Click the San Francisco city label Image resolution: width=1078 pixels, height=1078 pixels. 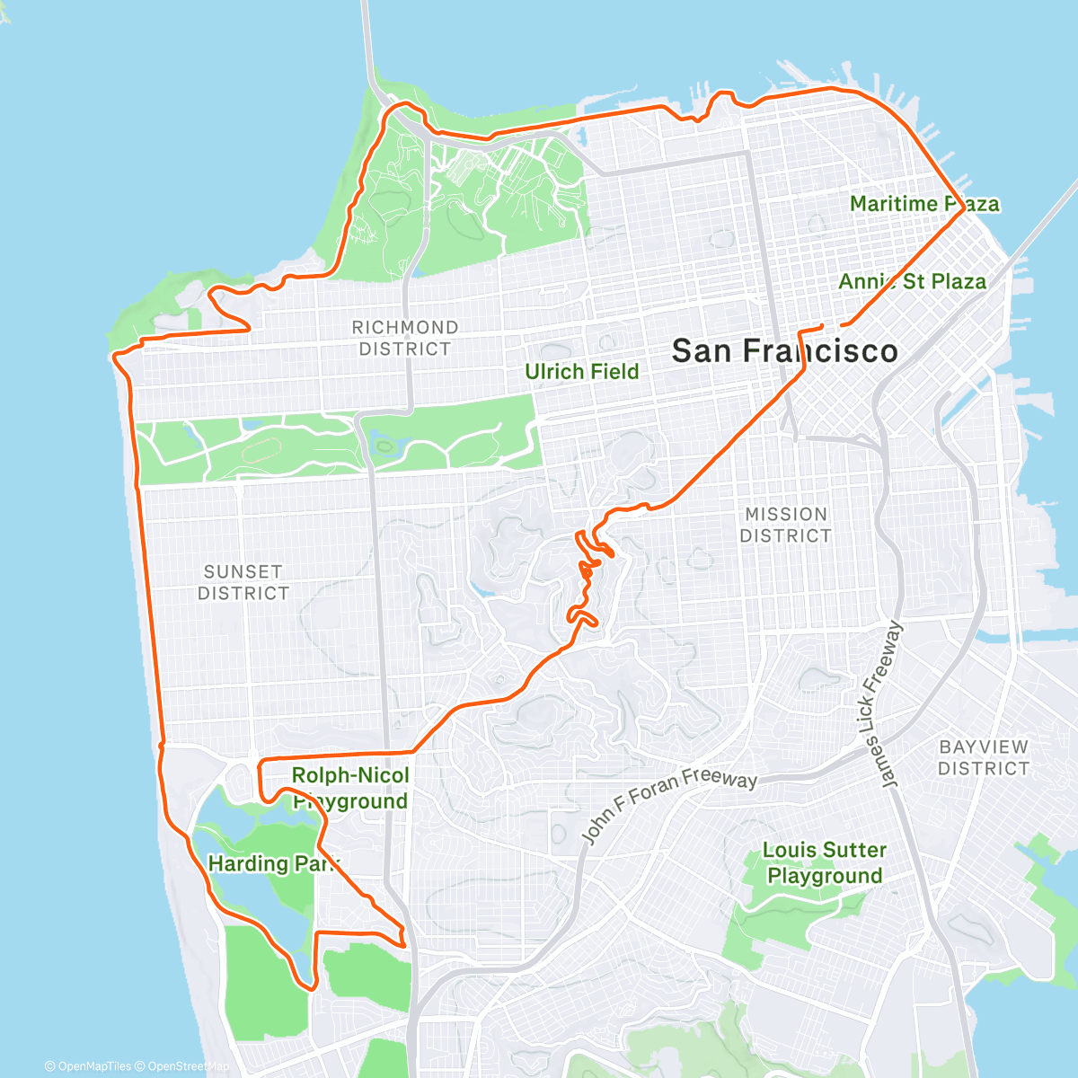pos(784,351)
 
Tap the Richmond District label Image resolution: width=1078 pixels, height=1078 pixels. pos(405,338)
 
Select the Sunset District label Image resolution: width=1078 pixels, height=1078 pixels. pos(243,582)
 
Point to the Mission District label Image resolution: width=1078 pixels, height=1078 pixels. pos(785,525)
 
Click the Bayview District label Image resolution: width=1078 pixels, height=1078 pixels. pos(984,757)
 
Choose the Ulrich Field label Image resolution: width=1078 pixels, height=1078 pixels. pos(581,371)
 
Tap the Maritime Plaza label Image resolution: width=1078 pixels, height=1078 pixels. pos(923,204)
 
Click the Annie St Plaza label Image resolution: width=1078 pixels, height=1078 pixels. pos(912,281)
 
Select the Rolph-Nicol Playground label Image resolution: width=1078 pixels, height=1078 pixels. pos(350,788)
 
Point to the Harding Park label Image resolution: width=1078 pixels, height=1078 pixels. pos(273,863)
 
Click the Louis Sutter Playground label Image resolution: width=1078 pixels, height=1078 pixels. pos(825,862)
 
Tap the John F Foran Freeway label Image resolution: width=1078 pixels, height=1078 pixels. pos(669,805)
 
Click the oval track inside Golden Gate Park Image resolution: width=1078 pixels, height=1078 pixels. pos(261,449)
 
